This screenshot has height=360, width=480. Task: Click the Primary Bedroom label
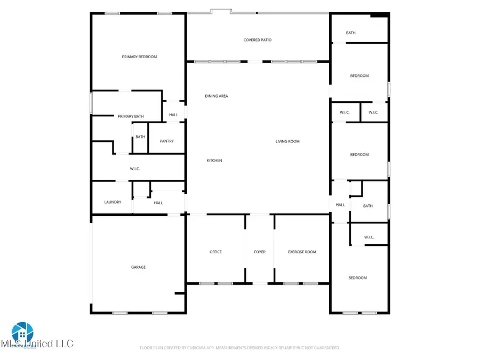click(x=139, y=57)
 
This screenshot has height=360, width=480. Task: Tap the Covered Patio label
click(x=258, y=40)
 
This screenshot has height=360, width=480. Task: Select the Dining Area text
click(x=217, y=96)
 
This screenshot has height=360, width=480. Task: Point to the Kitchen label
click(x=214, y=161)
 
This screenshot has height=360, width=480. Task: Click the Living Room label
click(x=287, y=141)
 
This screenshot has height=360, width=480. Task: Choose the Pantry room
click(x=167, y=141)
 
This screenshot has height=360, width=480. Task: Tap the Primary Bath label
click(x=131, y=116)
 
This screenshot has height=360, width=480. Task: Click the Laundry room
click(x=113, y=202)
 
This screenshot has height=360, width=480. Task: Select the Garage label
click(x=139, y=267)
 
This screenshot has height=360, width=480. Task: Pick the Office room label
click(x=215, y=252)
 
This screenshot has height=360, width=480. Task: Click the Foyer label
click(x=260, y=252)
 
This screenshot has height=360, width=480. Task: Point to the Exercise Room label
click(x=302, y=252)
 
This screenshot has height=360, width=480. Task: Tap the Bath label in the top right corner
click(x=350, y=33)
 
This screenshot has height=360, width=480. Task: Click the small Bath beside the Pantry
click(x=140, y=137)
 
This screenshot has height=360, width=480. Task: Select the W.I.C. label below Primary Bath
click(x=135, y=169)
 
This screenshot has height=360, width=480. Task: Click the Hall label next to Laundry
click(x=158, y=203)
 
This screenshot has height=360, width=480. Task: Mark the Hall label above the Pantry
click(x=174, y=115)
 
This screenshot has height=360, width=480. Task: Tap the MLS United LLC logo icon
click(x=22, y=333)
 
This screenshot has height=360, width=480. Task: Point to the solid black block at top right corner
click(x=379, y=15)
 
